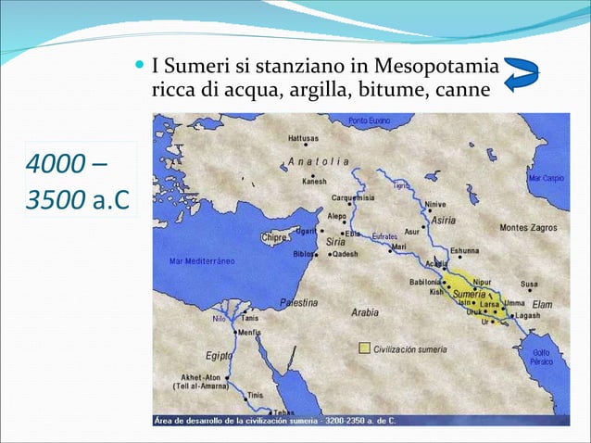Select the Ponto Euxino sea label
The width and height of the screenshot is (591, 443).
coord(371,120)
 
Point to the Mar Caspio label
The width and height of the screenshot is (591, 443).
coord(547,176)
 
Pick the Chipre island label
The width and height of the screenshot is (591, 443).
coord(275,237)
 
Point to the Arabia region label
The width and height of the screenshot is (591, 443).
coord(364,312)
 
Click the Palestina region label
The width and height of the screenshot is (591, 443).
coord(298,302)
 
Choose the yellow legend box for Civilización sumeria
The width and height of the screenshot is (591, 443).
coord(365,348)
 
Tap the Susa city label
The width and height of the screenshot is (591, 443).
coord(529,284)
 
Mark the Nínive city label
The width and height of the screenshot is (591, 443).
coord(436,204)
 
